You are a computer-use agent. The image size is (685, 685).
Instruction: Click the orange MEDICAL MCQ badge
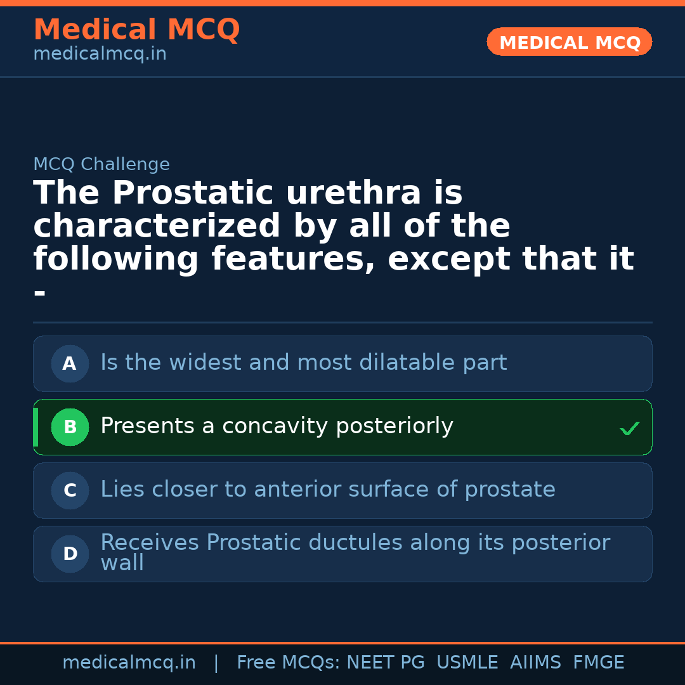[x=569, y=42]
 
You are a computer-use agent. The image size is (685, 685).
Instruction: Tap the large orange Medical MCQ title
[x=136, y=30]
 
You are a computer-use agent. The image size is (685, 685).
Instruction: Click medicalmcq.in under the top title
[x=100, y=54]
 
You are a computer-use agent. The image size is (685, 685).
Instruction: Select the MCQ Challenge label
[x=101, y=164]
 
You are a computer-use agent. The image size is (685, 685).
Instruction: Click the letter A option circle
[x=70, y=363]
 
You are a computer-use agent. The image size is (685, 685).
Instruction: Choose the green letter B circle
[x=70, y=427]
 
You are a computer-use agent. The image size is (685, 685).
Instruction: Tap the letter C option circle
[x=70, y=490]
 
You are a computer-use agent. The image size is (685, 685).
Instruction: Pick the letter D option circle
[x=70, y=554]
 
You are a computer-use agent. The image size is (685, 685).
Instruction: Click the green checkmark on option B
[x=629, y=429]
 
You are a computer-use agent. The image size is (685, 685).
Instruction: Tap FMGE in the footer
[x=598, y=663]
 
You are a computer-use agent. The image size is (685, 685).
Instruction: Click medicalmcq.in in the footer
[x=129, y=663]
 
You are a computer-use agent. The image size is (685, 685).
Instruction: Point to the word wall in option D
[x=122, y=563]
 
